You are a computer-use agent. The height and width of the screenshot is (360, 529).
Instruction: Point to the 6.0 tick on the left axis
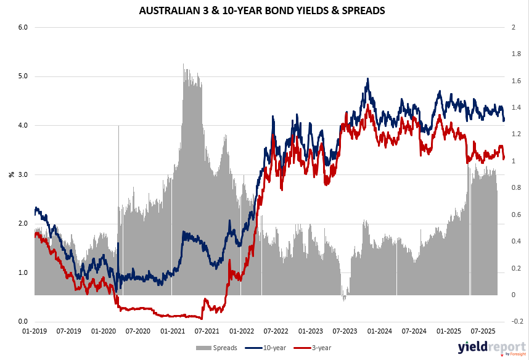click(23, 27)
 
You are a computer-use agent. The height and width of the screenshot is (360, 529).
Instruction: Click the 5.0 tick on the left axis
click(23, 76)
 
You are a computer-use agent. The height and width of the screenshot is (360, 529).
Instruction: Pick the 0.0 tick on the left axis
click(23, 322)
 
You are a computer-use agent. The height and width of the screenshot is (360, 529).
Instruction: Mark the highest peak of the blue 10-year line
click(367, 79)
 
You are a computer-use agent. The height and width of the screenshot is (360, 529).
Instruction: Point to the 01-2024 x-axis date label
click(381, 332)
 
